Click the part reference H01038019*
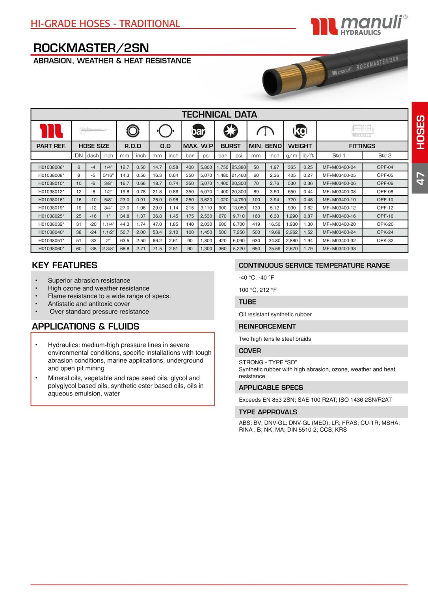click(51, 208)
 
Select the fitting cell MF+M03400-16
click(339, 216)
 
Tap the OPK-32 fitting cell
click(385, 240)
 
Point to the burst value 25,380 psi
click(239, 167)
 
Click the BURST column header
click(231, 146)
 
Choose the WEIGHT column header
click(300, 146)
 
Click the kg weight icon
click(300, 131)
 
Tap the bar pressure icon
click(198, 131)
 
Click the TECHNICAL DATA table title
click(219, 115)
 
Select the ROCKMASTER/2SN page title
click(91, 48)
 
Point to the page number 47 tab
click(420, 178)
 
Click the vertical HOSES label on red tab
click(420, 132)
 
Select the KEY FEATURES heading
click(65, 265)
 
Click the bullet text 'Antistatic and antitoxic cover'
click(89, 304)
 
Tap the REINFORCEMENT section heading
click(267, 326)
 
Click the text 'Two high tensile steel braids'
click(275, 339)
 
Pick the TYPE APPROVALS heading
click(268, 412)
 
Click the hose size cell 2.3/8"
click(108, 249)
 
